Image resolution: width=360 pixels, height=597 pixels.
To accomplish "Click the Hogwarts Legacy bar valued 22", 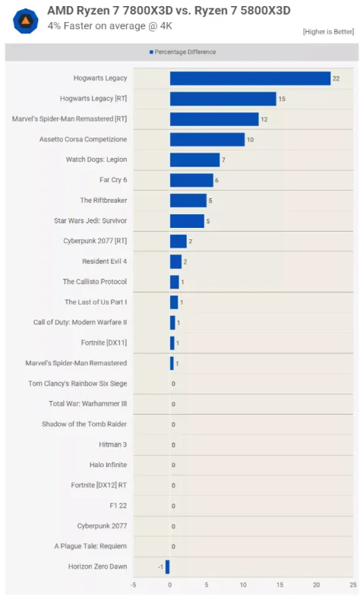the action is (x=250, y=78).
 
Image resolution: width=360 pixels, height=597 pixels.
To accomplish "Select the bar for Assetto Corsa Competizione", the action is (x=207, y=139).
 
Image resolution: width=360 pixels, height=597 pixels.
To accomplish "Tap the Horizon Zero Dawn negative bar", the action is (x=167, y=567).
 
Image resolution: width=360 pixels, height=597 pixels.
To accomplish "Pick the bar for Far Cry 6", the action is (x=191, y=180).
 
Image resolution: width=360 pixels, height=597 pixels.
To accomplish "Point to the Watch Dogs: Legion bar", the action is (x=195, y=160).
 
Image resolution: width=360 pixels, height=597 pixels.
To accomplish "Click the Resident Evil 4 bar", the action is (x=175, y=261).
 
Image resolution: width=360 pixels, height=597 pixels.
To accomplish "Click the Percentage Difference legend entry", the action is (x=183, y=52).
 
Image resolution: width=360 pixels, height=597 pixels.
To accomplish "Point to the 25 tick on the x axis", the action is (x=353, y=585).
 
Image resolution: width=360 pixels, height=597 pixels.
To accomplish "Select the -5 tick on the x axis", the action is (x=133, y=585).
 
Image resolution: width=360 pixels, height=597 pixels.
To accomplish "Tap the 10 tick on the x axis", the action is (x=243, y=585).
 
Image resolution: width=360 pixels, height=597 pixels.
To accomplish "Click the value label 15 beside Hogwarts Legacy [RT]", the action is (x=282, y=99).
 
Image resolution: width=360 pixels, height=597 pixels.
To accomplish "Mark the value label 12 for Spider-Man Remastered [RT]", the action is (x=264, y=119).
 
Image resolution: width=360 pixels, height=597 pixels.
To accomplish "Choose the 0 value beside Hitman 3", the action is (x=173, y=444).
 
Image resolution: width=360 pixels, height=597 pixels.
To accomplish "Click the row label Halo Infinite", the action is (x=108, y=465).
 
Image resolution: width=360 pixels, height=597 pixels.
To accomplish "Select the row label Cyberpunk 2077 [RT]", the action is (x=95, y=241).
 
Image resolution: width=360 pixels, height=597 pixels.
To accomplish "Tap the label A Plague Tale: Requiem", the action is (x=90, y=546).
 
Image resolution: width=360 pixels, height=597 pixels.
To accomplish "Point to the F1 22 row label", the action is (x=118, y=506).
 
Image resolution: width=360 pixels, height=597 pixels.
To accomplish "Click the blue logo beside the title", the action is (x=26, y=21).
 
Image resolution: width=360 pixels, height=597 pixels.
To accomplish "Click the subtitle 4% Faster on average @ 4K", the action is (x=110, y=26).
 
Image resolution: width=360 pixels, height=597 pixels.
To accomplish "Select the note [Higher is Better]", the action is (x=328, y=32).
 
